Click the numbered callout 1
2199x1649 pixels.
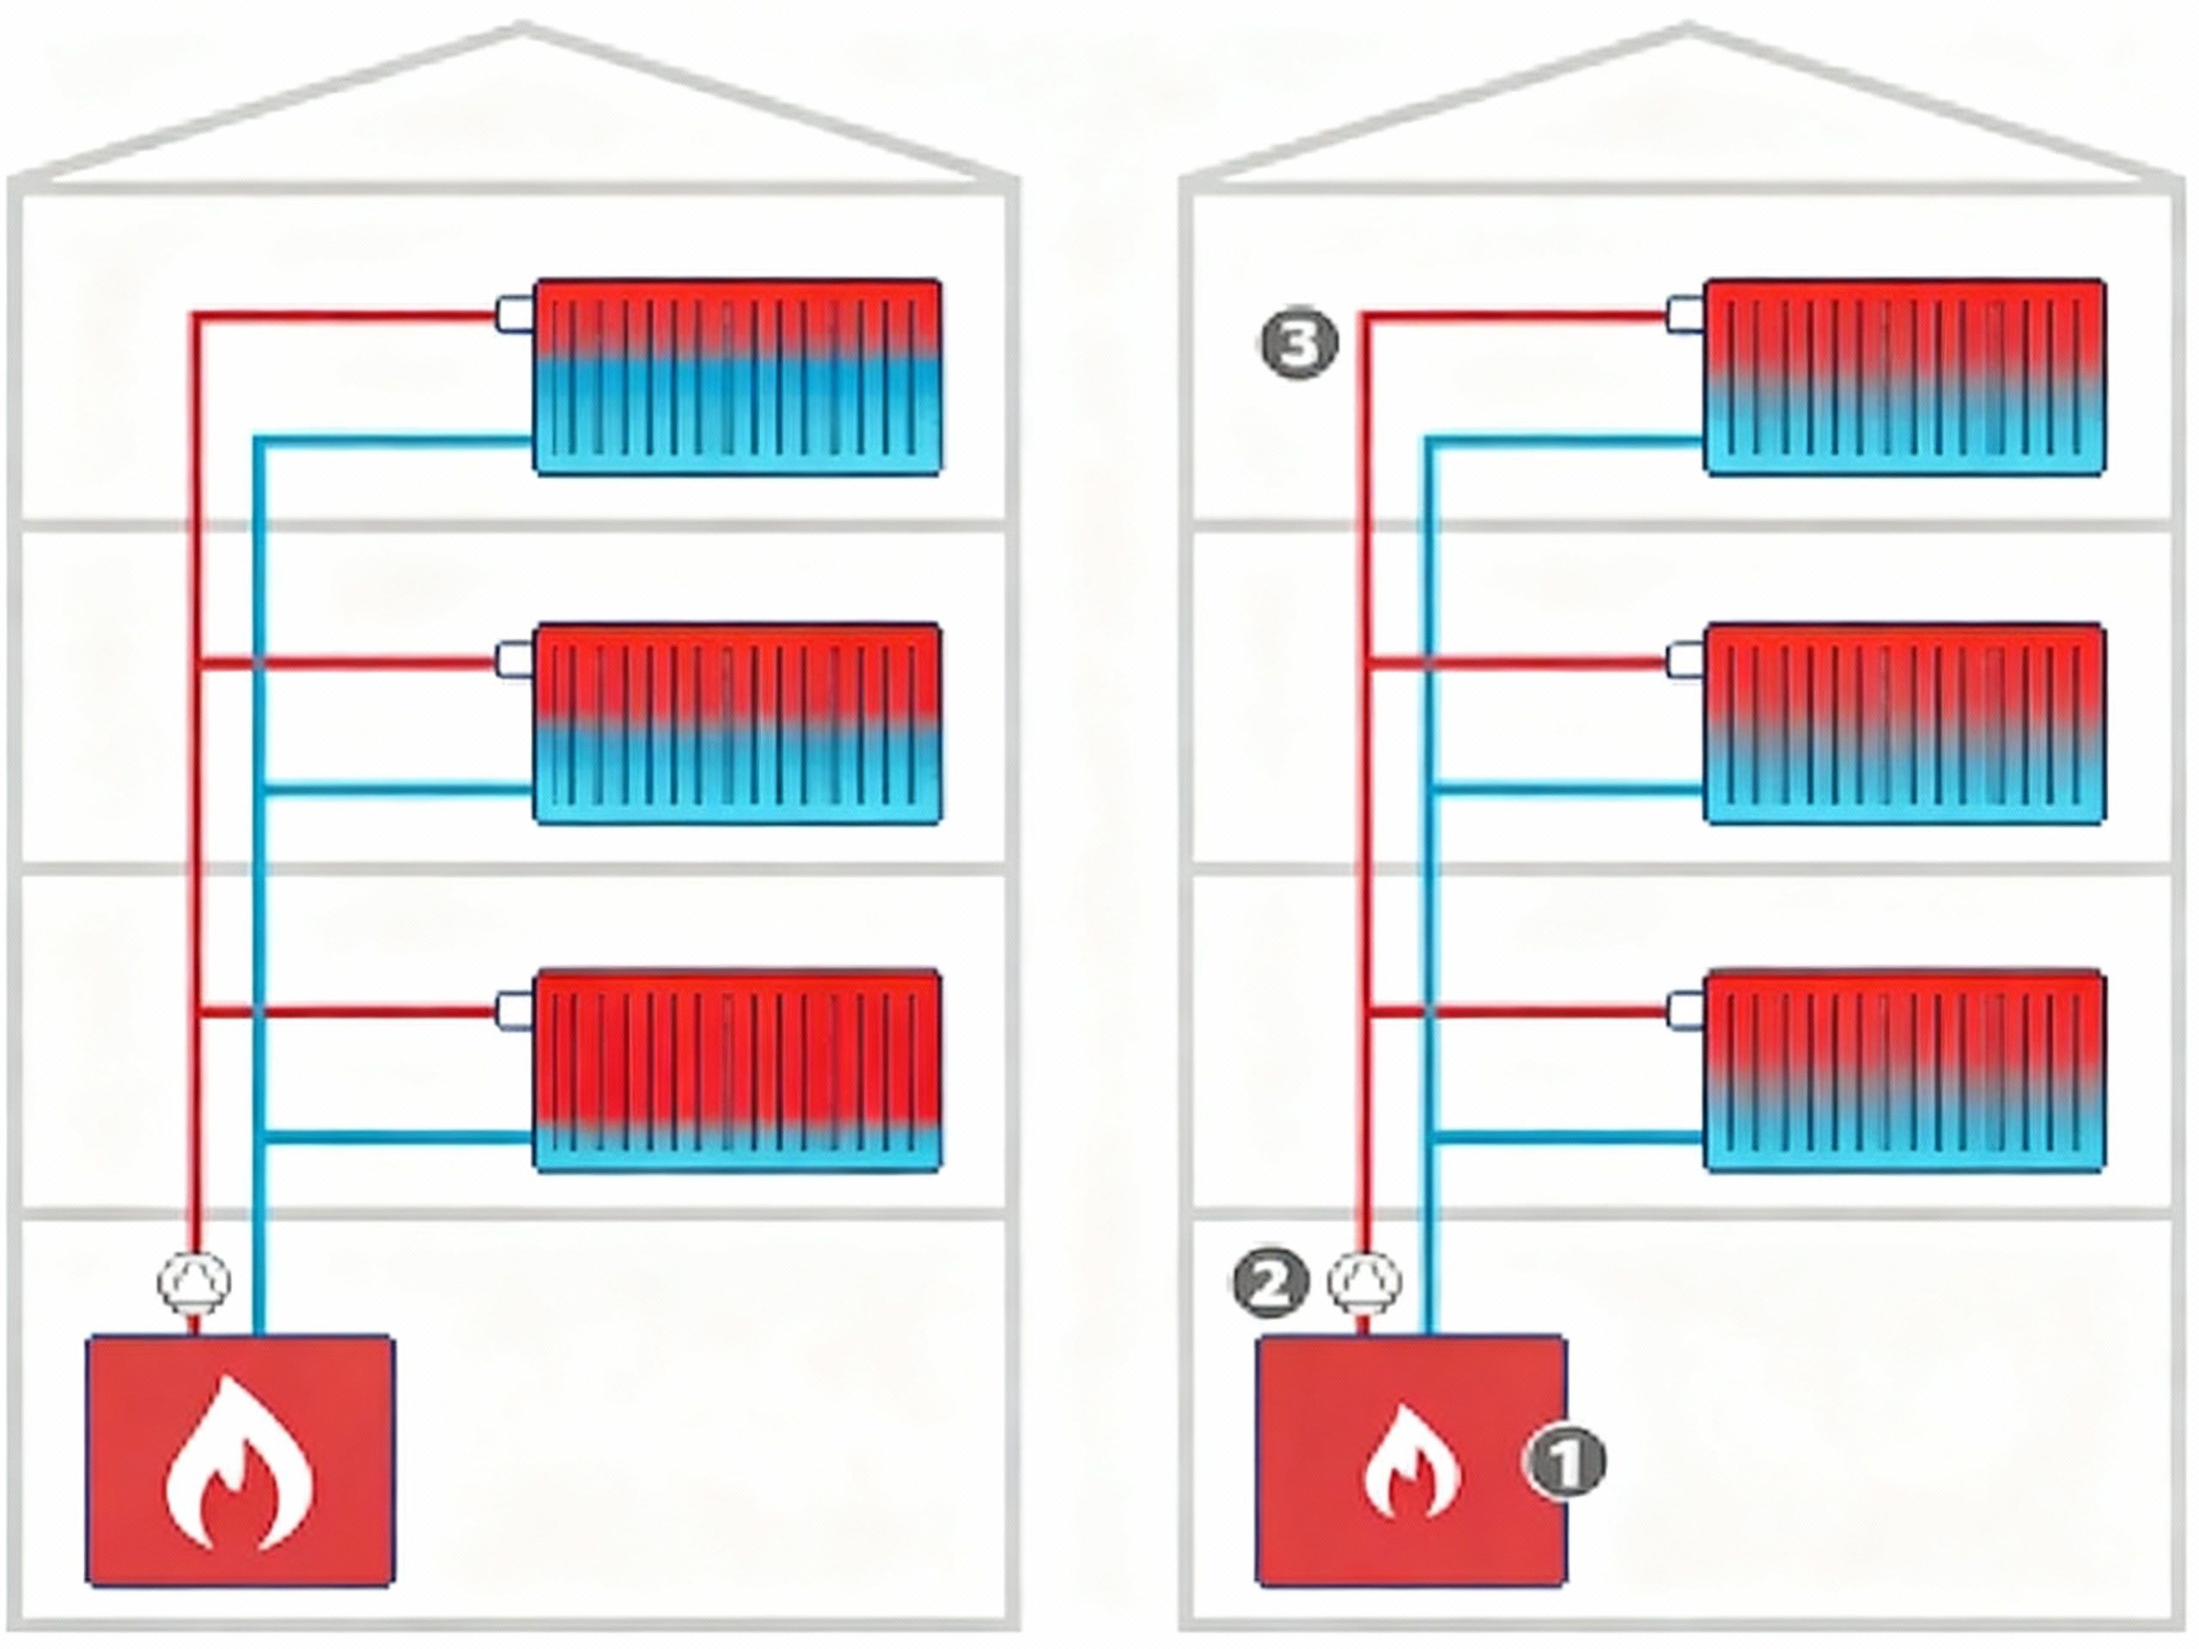pos(1565,1461)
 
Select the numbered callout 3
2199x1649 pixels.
pos(1298,344)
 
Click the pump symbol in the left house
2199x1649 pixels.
pos(195,1282)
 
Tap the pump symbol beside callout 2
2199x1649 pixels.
pos(1366,1282)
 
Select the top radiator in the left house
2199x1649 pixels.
pos(738,377)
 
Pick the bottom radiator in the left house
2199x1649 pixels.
pos(738,1069)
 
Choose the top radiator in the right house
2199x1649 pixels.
pos(1904,377)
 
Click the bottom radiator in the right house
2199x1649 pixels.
pos(1904,1069)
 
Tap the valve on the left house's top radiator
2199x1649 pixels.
pos(515,314)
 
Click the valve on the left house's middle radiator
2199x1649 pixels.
pos(515,660)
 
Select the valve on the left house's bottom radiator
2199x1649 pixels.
pos(515,1008)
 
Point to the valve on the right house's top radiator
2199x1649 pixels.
pos(1685,314)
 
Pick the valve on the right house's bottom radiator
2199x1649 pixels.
pos(1685,1008)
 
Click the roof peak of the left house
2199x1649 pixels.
pos(523,27)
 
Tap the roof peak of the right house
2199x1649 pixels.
pos(1686,27)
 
